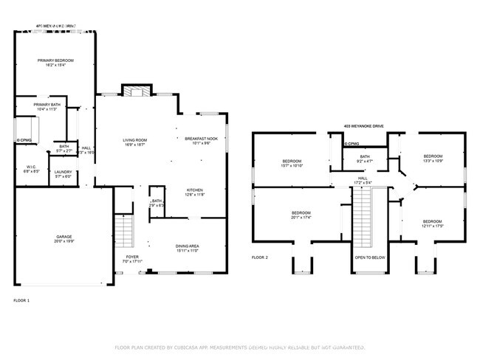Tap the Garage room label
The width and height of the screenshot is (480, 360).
point(64,238)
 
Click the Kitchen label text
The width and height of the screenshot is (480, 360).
point(194,190)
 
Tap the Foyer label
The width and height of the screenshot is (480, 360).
point(131,258)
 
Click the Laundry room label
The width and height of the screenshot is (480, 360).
point(63,173)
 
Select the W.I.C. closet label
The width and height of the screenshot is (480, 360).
point(31,167)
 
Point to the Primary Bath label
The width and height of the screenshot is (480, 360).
point(46,105)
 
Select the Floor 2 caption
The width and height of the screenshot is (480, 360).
point(261,257)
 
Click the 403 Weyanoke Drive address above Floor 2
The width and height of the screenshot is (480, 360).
point(363,126)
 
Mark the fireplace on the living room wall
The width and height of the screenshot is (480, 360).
point(136,91)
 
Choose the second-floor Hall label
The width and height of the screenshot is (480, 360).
point(363,178)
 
